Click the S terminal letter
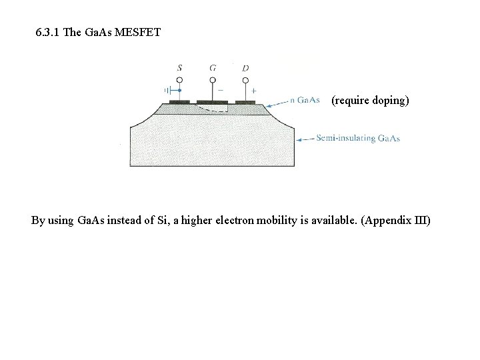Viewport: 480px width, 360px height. point(180,68)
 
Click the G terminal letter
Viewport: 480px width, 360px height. point(213,68)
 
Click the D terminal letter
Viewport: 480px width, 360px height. point(245,68)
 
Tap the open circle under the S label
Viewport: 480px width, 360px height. point(180,81)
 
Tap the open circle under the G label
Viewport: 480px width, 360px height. point(213,81)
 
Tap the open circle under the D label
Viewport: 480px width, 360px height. point(245,81)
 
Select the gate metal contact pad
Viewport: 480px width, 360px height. point(213,102)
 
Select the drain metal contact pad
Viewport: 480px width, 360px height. point(245,102)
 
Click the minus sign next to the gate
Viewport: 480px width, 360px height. point(221,90)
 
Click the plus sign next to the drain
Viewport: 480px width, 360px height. point(254,90)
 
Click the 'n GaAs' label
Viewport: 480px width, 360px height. point(305,101)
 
